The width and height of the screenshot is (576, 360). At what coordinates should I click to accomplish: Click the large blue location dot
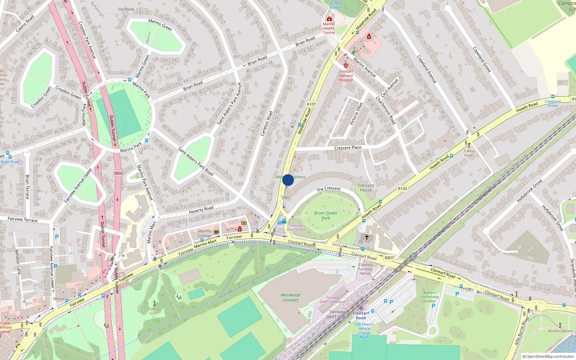tap(288, 180)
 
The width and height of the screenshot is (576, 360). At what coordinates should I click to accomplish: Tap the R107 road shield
tap(311, 104)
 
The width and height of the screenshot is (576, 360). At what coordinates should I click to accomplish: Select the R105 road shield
tap(402, 189)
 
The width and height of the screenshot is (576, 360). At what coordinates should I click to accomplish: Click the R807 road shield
tap(389, 258)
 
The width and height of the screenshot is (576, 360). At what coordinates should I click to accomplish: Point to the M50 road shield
tap(118, 174)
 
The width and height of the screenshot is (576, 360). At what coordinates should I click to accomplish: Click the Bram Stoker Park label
tap(326, 215)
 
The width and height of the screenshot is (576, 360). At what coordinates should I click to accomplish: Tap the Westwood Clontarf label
tap(291, 297)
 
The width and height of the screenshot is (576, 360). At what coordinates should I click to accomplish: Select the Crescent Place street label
tap(348, 148)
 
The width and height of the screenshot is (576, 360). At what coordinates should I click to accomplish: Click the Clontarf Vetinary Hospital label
tap(346, 76)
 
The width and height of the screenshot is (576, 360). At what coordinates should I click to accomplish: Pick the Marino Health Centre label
tap(329, 28)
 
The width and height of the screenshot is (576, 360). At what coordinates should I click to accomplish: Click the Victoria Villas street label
tap(356, 114)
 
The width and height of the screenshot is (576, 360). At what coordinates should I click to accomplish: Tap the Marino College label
tap(204, 233)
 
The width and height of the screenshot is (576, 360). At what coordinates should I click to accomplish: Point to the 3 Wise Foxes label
tap(469, 153)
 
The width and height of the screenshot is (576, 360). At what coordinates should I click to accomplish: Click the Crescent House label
tap(366, 188)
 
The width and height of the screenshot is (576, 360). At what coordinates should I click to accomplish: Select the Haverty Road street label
tap(201, 210)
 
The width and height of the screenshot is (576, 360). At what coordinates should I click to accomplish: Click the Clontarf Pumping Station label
tap(365, 269)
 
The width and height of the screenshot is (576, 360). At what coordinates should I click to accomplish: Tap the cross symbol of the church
tap(367, 237)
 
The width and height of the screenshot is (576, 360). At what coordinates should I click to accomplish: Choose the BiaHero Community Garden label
tap(429, 297)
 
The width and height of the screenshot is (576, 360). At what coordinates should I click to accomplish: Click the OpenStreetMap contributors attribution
tap(548, 356)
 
